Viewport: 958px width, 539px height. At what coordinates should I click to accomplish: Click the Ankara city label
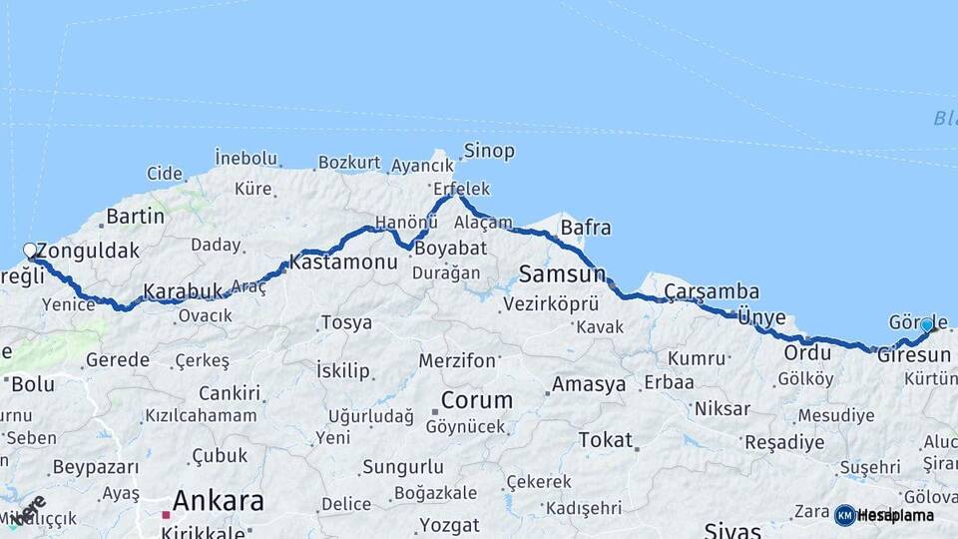pyautogui.click(x=218, y=500)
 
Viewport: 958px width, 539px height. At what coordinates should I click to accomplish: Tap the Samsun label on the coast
pyautogui.click(x=563, y=273)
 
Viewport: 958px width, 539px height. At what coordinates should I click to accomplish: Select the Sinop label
pyautogui.click(x=488, y=152)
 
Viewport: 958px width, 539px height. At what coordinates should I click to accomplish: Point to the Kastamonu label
pyautogui.click(x=343, y=264)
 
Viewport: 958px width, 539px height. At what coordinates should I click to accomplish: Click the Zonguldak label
pyautogui.click(x=88, y=252)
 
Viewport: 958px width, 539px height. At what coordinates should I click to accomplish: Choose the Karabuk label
pyautogui.click(x=183, y=292)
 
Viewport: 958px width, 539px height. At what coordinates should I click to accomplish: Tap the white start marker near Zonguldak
pyautogui.click(x=30, y=251)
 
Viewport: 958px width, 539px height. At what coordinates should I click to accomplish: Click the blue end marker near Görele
pyautogui.click(x=927, y=324)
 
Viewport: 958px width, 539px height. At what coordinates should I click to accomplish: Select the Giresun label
pyautogui.click(x=913, y=355)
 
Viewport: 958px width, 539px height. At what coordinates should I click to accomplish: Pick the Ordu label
pyautogui.click(x=807, y=353)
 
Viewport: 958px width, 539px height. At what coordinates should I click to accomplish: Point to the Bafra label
pyautogui.click(x=586, y=229)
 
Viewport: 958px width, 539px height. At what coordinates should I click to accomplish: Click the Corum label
pyautogui.click(x=477, y=401)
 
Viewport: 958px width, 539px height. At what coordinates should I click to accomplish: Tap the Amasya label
pyautogui.click(x=589, y=384)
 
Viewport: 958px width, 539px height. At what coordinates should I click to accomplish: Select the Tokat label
pyautogui.click(x=605, y=440)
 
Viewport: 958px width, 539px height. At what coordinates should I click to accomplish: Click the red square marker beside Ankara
pyautogui.click(x=166, y=515)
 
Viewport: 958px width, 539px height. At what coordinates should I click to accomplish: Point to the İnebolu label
pyautogui.click(x=245, y=159)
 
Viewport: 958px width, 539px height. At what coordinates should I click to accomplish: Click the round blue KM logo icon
pyautogui.click(x=844, y=515)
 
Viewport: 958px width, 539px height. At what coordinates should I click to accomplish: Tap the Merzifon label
pyautogui.click(x=457, y=360)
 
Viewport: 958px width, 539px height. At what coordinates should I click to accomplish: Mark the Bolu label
pyautogui.click(x=32, y=383)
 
